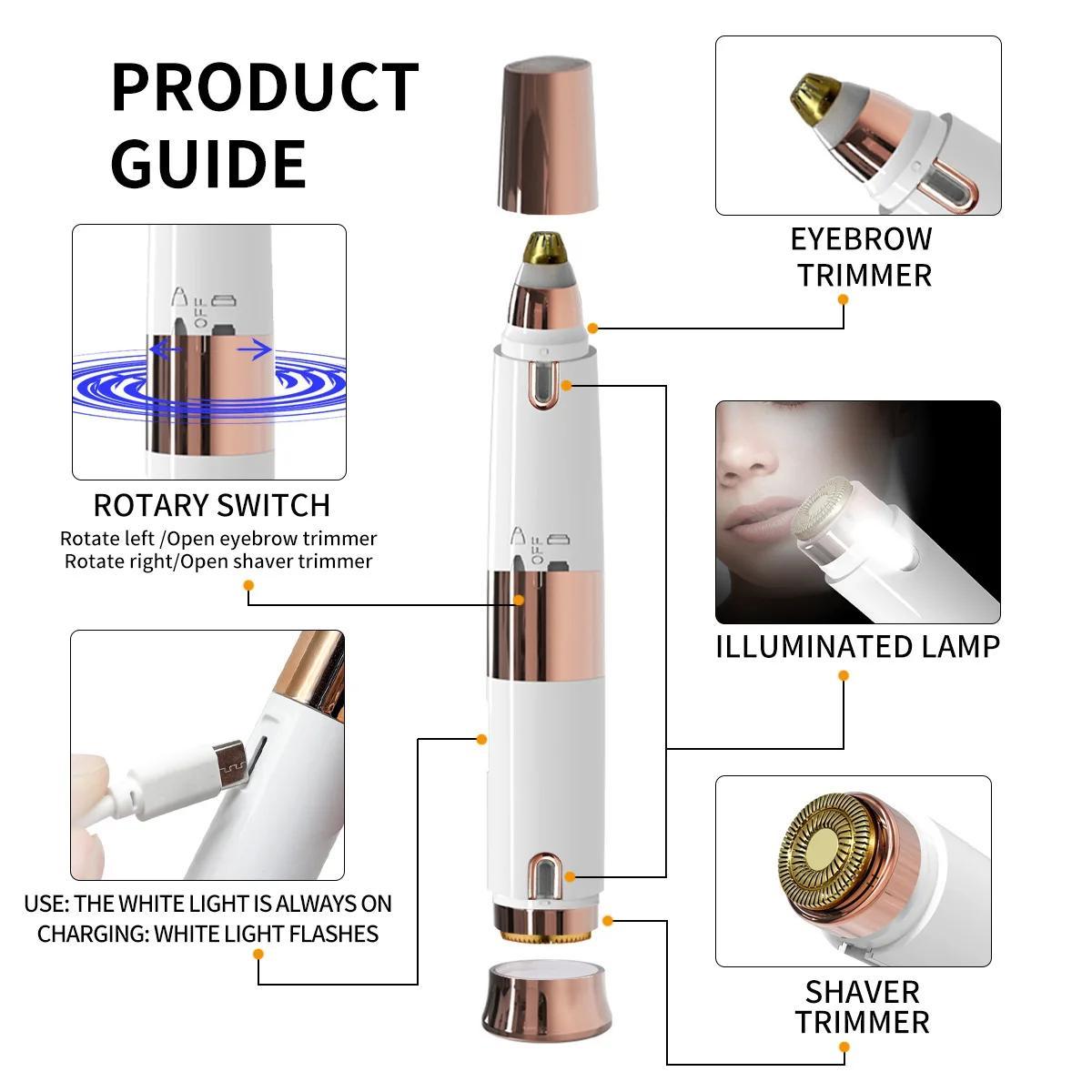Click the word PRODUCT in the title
(x=265, y=87)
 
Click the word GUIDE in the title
(x=208, y=165)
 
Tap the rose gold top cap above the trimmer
(x=548, y=136)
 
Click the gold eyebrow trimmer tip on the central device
(x=545, y=248)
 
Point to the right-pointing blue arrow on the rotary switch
(x=255, y=350)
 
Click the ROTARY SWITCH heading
(x=212, y=505)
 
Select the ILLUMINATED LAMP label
(x=858, y=647)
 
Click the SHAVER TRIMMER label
(x=863, y=1007)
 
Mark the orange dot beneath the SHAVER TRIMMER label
(x=844, y=1047)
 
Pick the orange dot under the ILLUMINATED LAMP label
(x=844, y=675)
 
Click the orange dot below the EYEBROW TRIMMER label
(x=844, y=299)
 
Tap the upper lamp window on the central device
(x=543, y=383)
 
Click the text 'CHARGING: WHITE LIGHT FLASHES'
(x=208, y=934)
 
